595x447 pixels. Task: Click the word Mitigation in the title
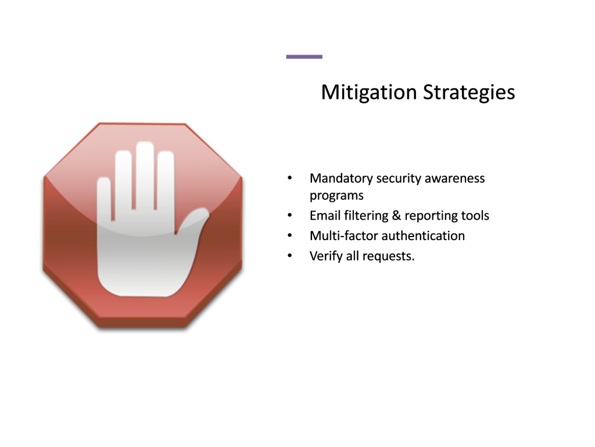[369, 92]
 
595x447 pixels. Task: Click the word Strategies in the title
[469, 92]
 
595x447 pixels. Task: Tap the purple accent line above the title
[304, 57]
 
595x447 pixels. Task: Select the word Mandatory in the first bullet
[341, 178]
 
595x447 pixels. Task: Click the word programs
[336, 196]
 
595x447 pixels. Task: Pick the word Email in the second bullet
[325, 216]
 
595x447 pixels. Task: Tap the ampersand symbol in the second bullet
[396, 216]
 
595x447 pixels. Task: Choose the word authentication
[423, 235]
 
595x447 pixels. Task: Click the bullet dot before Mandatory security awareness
[290, 178]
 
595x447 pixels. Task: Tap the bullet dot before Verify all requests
[290, 255]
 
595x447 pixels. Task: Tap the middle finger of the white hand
[145, 174]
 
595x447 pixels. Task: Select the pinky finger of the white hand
[104, 199]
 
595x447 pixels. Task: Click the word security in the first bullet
[399, 178]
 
